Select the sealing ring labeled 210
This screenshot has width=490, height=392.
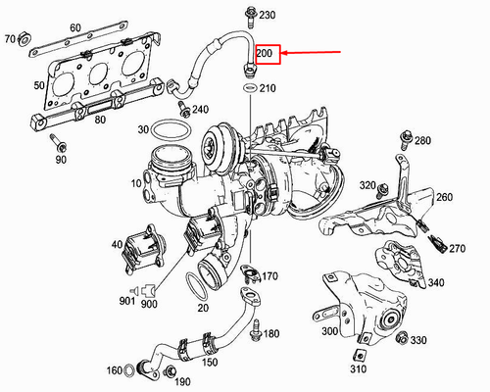[249, 89]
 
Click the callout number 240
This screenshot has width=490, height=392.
[200, 109]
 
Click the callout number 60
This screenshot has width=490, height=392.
[75, 28]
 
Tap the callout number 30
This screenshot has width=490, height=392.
[143, 128]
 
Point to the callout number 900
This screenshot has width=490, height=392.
[149, 304]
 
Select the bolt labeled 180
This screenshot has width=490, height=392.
[256, 330]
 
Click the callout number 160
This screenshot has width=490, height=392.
[113, 369]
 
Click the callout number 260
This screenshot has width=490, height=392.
[444, 198]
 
